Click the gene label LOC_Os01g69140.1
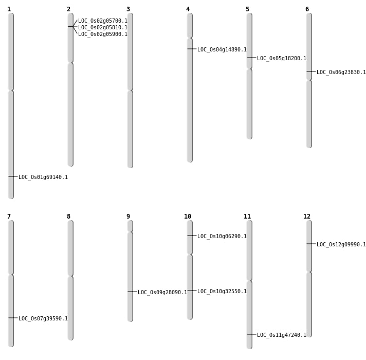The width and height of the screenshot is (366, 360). pyautogui.click(x=43, y=177)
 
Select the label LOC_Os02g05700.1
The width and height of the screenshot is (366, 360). pyautogui.click(x=103, y=21)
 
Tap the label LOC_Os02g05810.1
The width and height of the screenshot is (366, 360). pyautogui.click(x=103, y=28)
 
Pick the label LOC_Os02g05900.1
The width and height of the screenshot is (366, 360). pyautogui.click(x=103, y=34)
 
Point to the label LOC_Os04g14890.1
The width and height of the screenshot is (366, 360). pyautogui.click(x=222, y=50)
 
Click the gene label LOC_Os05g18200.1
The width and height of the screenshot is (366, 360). pyautogui.click(x=282, y=59)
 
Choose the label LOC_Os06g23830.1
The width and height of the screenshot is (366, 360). pyautogui.click(x=341, y=73)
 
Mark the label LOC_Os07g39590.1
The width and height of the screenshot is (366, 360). pyautogui.click(x=43, y=319)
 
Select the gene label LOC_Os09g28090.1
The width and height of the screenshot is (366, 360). pyautogui.click(x=162, y=293)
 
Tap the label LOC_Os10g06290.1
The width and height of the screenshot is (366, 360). pyautogui.click(x=222, y=237)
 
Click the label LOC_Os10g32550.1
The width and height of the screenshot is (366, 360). pyautogui.click(x=222, y=292)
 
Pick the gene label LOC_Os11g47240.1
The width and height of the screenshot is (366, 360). pyautogui.click(x=282, y=335)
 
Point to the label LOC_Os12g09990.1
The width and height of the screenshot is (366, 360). pyautogui.click(x=341, y=245)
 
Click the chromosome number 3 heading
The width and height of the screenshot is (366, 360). pyautogui.click(x=128, y=9)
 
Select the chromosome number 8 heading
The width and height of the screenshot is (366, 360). pyautogui.click(x=68, y=217)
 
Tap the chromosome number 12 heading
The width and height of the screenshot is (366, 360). pyautogui.click(x=307, y=217)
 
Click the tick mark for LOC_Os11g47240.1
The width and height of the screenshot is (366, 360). pyautogui.click(x=251, y=334)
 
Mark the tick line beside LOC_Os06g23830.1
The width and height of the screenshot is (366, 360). pyautogui.click(x=310, y=71)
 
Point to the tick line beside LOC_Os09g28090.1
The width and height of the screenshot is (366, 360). pyautogui.click(x=132, y=292)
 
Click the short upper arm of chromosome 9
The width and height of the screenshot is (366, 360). pyautogui.click(x=130, y=226)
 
